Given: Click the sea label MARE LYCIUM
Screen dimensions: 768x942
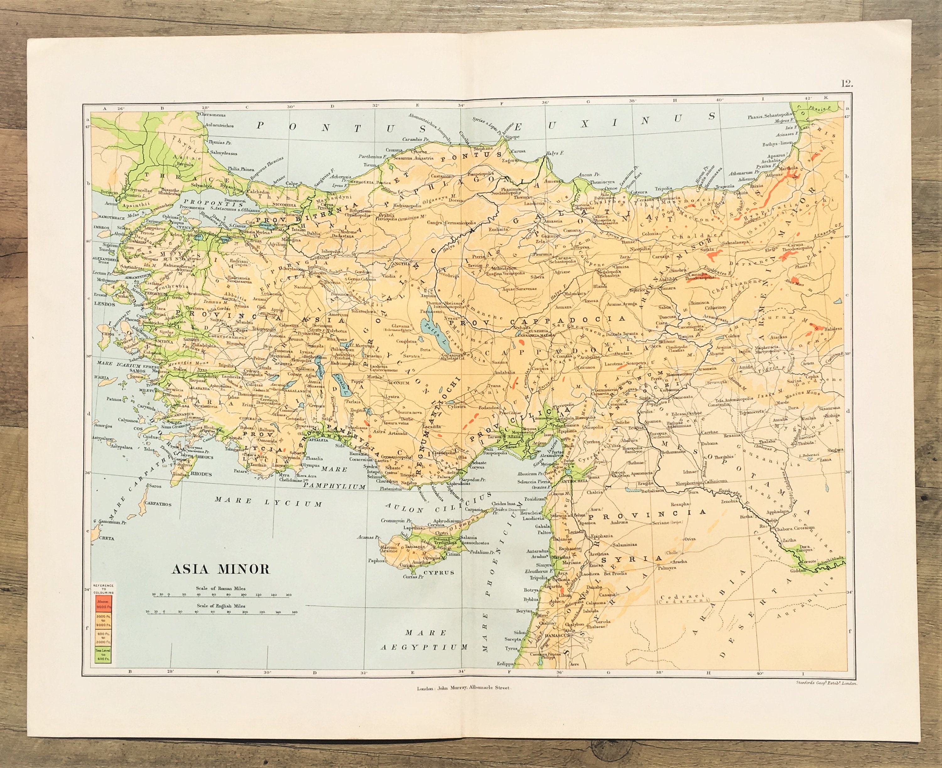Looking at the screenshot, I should point(268,502).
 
